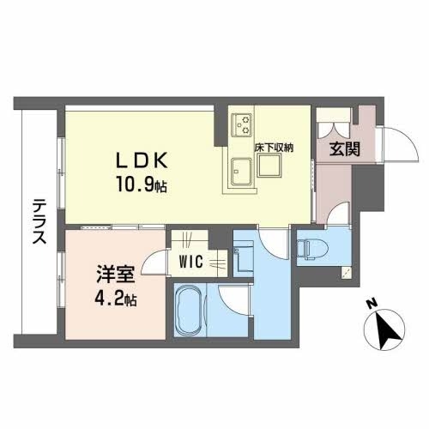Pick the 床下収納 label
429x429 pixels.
pyautogui.click(x=274, y=148)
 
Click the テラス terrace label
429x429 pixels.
pyautogui.click(x=39, y=222)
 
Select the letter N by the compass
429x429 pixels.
pyautogui.click(x=370, y=303)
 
